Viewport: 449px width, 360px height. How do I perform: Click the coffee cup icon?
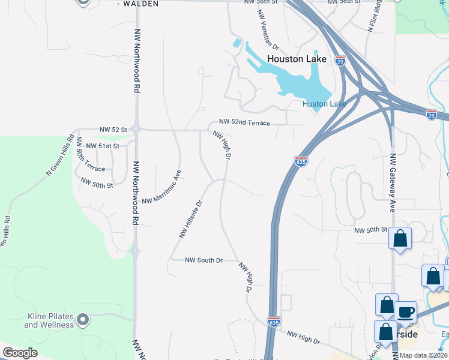tap(406, 312)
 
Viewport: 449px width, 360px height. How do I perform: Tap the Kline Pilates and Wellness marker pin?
tap(83, 319)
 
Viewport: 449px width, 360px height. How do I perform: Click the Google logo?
tap(20, 352)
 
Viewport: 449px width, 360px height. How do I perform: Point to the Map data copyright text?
tap(423, 355)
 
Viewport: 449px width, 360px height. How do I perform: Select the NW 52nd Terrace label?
tap(245, 122)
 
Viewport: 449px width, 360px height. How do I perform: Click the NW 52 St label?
tap(113, 129)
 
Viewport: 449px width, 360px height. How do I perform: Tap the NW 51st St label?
tap(103, 146)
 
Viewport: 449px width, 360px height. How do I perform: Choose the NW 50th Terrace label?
tap(90, 158)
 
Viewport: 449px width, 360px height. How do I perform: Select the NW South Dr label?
tap(203, 260)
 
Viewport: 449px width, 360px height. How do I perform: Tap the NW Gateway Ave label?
tap(393, 182)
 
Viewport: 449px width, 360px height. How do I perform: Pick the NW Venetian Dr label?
tap(269, 34)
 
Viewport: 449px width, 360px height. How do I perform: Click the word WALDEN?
tap(143, 4)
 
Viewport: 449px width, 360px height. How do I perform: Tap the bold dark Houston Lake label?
tap(297, 59)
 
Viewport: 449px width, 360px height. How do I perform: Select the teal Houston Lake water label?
tap(324, 104)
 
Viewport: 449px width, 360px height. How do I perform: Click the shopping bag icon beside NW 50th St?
tap(400, 238)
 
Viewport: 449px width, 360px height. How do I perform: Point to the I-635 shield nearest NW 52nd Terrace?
tap(301, 161)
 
